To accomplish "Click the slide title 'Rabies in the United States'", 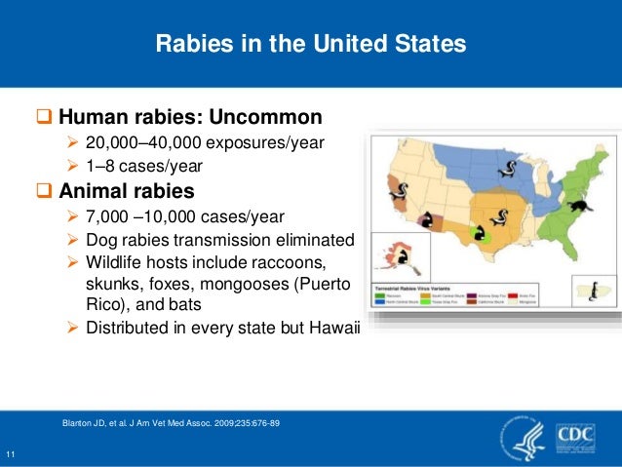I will pyautogui.click(x=311, y=45).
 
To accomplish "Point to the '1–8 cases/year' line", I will pyautogui.click(x=143, y=166).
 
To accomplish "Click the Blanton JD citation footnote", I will pyautogui.click(x=171, y=422).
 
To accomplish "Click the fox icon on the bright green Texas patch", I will pyautogui.click(x=479, y=234).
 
